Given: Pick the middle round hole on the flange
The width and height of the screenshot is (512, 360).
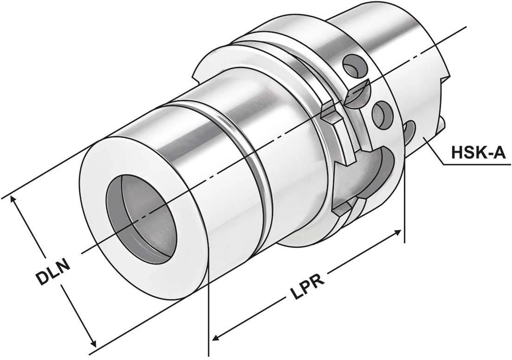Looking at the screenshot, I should (383, 114).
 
